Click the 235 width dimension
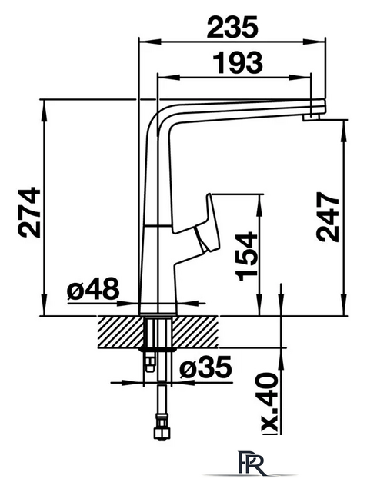(x=232, y=27)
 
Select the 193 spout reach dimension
(x=237, y=62)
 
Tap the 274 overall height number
(x=29, y=212)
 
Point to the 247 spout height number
(x=328, y=217)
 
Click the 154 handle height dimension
(x=246, y=256)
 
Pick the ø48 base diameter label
(x=93, y=288)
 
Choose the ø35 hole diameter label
(x=206, y=367)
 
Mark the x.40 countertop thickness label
(x=269, y=403)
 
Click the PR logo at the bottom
(x=251, y=463)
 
